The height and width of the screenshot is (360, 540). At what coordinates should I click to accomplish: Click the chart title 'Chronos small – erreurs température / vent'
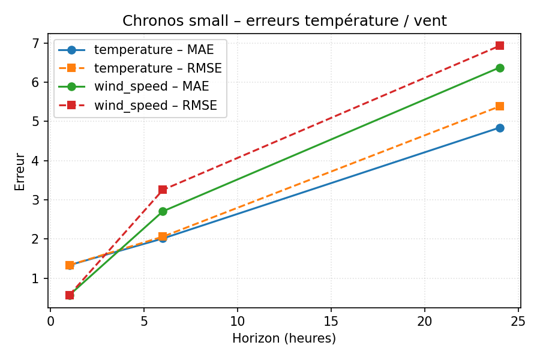284,21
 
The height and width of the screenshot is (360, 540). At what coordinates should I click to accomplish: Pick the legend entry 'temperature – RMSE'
158,68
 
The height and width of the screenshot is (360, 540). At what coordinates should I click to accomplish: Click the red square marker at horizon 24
500,46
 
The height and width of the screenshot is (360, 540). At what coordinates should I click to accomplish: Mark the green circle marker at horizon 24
500,68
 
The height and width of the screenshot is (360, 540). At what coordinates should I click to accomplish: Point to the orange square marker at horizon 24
500,106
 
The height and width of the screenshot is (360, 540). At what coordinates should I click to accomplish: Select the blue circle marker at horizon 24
500,128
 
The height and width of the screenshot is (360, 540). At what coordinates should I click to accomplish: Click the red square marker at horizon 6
163,190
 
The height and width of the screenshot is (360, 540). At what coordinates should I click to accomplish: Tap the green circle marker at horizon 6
163,211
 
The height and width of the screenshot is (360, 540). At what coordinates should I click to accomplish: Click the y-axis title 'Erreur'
20,172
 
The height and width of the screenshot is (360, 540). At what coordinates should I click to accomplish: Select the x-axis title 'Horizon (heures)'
284,338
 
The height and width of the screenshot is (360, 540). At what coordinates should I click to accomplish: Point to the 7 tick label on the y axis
35,43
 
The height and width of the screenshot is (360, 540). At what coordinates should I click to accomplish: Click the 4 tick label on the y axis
35,161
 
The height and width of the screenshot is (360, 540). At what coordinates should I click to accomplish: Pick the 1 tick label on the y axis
35,278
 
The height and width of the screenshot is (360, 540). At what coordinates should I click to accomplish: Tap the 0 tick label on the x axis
50,321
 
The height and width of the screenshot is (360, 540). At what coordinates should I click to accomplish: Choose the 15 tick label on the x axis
331,321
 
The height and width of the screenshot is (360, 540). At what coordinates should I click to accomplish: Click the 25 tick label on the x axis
518,321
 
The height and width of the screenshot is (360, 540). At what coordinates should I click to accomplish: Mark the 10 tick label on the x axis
238,321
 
